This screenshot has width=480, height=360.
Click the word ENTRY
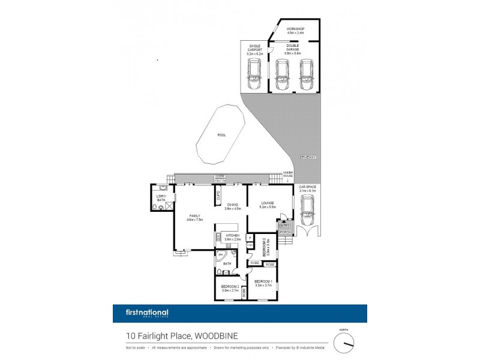point(284,226)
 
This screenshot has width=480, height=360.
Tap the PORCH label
point(284,232)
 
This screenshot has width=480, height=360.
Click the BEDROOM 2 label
point(231,286)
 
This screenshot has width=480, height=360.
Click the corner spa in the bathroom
point(221,256)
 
